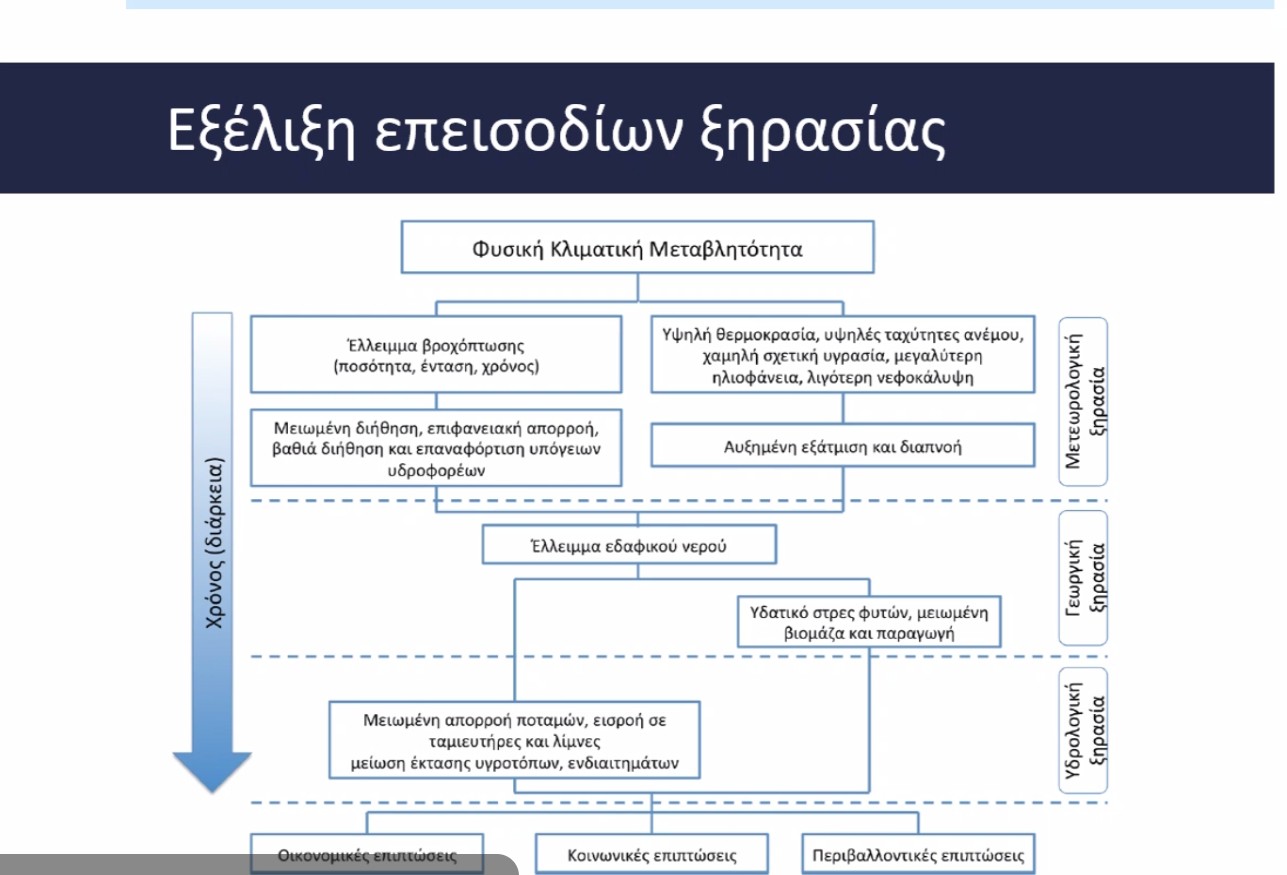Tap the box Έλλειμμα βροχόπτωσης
436,355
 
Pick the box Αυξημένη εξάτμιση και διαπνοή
842,446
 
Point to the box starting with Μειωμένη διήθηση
436,446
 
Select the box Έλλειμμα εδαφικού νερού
614,546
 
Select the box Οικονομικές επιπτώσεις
367,856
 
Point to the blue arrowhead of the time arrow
212,770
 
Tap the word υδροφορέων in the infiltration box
436,470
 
